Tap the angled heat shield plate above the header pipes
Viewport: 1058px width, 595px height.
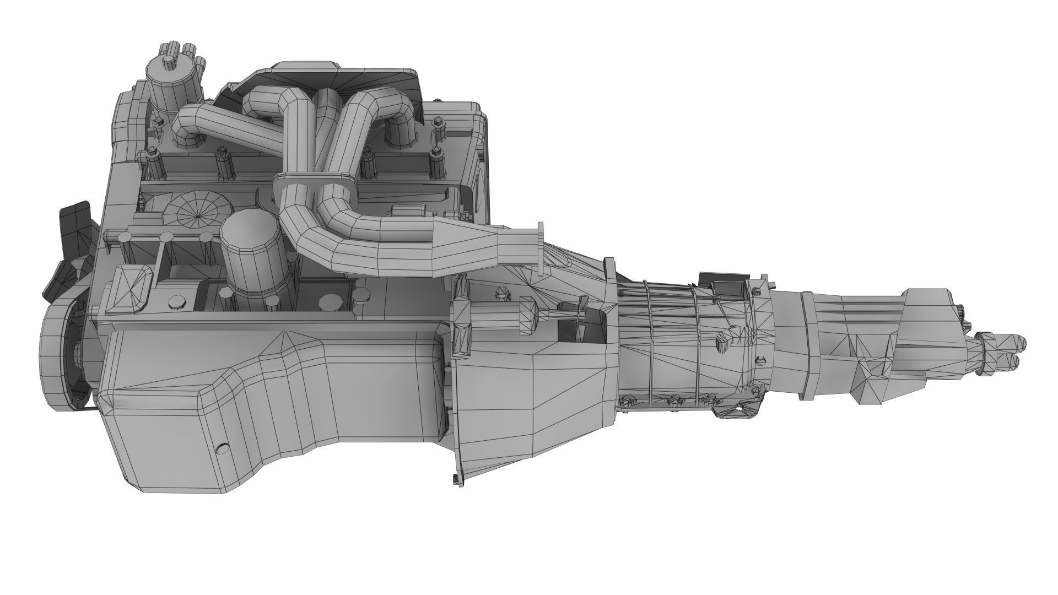pos(331,77)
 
